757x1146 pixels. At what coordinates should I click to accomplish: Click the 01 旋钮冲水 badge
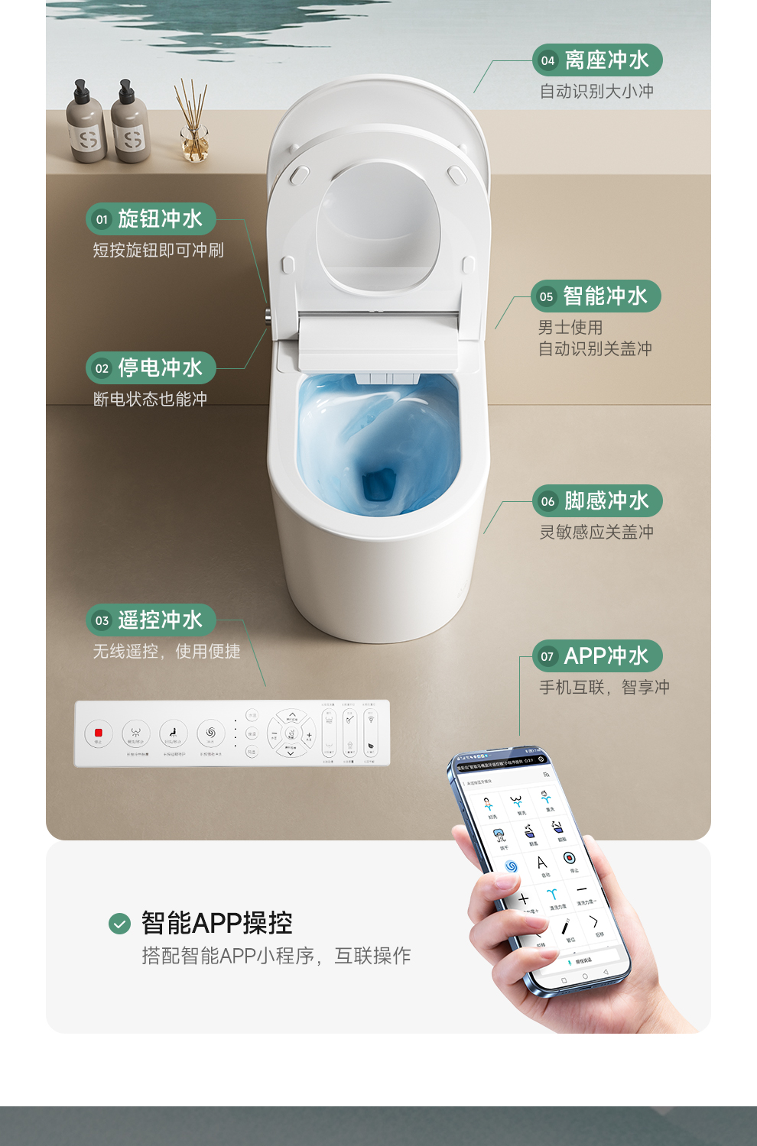coord(151,219)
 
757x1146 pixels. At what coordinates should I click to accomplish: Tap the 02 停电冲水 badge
coord(151,368)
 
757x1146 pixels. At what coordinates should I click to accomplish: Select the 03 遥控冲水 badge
coord(151,620)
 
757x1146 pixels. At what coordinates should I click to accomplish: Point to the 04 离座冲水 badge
coord(597,60)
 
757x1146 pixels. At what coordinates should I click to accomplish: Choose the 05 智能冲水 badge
coord(596,296)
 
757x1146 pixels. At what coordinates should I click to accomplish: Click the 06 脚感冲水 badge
coord(597,501)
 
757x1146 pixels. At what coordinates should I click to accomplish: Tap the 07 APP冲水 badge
coord(597,656)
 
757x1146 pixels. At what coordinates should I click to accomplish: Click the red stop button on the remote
coord(98,733)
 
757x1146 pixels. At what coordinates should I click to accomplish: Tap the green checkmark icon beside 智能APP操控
coord(119,924)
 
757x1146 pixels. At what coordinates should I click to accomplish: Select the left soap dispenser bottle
coord(86,126)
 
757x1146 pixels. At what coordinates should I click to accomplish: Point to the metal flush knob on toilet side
coord(268,316)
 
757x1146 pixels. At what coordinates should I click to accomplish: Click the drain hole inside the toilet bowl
coord(378,484)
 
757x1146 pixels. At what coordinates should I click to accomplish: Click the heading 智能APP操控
coord(216,923)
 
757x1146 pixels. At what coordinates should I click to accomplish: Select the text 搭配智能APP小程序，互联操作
coord(276,956)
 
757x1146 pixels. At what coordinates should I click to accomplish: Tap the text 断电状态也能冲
coord(150,400)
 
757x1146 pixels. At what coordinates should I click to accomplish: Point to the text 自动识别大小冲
coord(596,92)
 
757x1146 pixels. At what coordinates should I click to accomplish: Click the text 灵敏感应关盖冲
coord(596,533)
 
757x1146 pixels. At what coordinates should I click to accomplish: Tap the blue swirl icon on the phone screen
coord(511,866)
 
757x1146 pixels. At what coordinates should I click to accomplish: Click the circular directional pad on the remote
coord(291,733)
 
